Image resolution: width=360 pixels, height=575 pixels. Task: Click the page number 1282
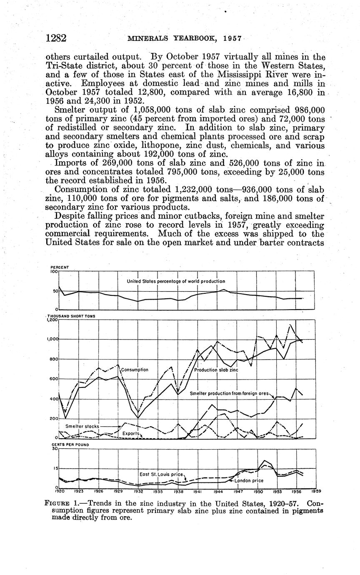[x=56, y=38]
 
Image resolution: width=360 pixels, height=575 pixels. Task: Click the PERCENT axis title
[x=60, y=267]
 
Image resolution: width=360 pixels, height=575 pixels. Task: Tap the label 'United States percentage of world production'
[x=176, y=281]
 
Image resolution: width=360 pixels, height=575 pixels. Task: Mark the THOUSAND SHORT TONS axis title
[x=71, y=316]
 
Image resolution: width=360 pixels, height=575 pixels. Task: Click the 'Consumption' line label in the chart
[x=135, y=370]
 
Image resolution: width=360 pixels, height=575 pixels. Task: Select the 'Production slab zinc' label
[x=216, y=370]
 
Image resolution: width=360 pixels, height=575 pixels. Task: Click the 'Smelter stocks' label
[x=82, y=426]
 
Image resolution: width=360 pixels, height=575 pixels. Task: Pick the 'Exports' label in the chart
[x=130, y=434]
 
